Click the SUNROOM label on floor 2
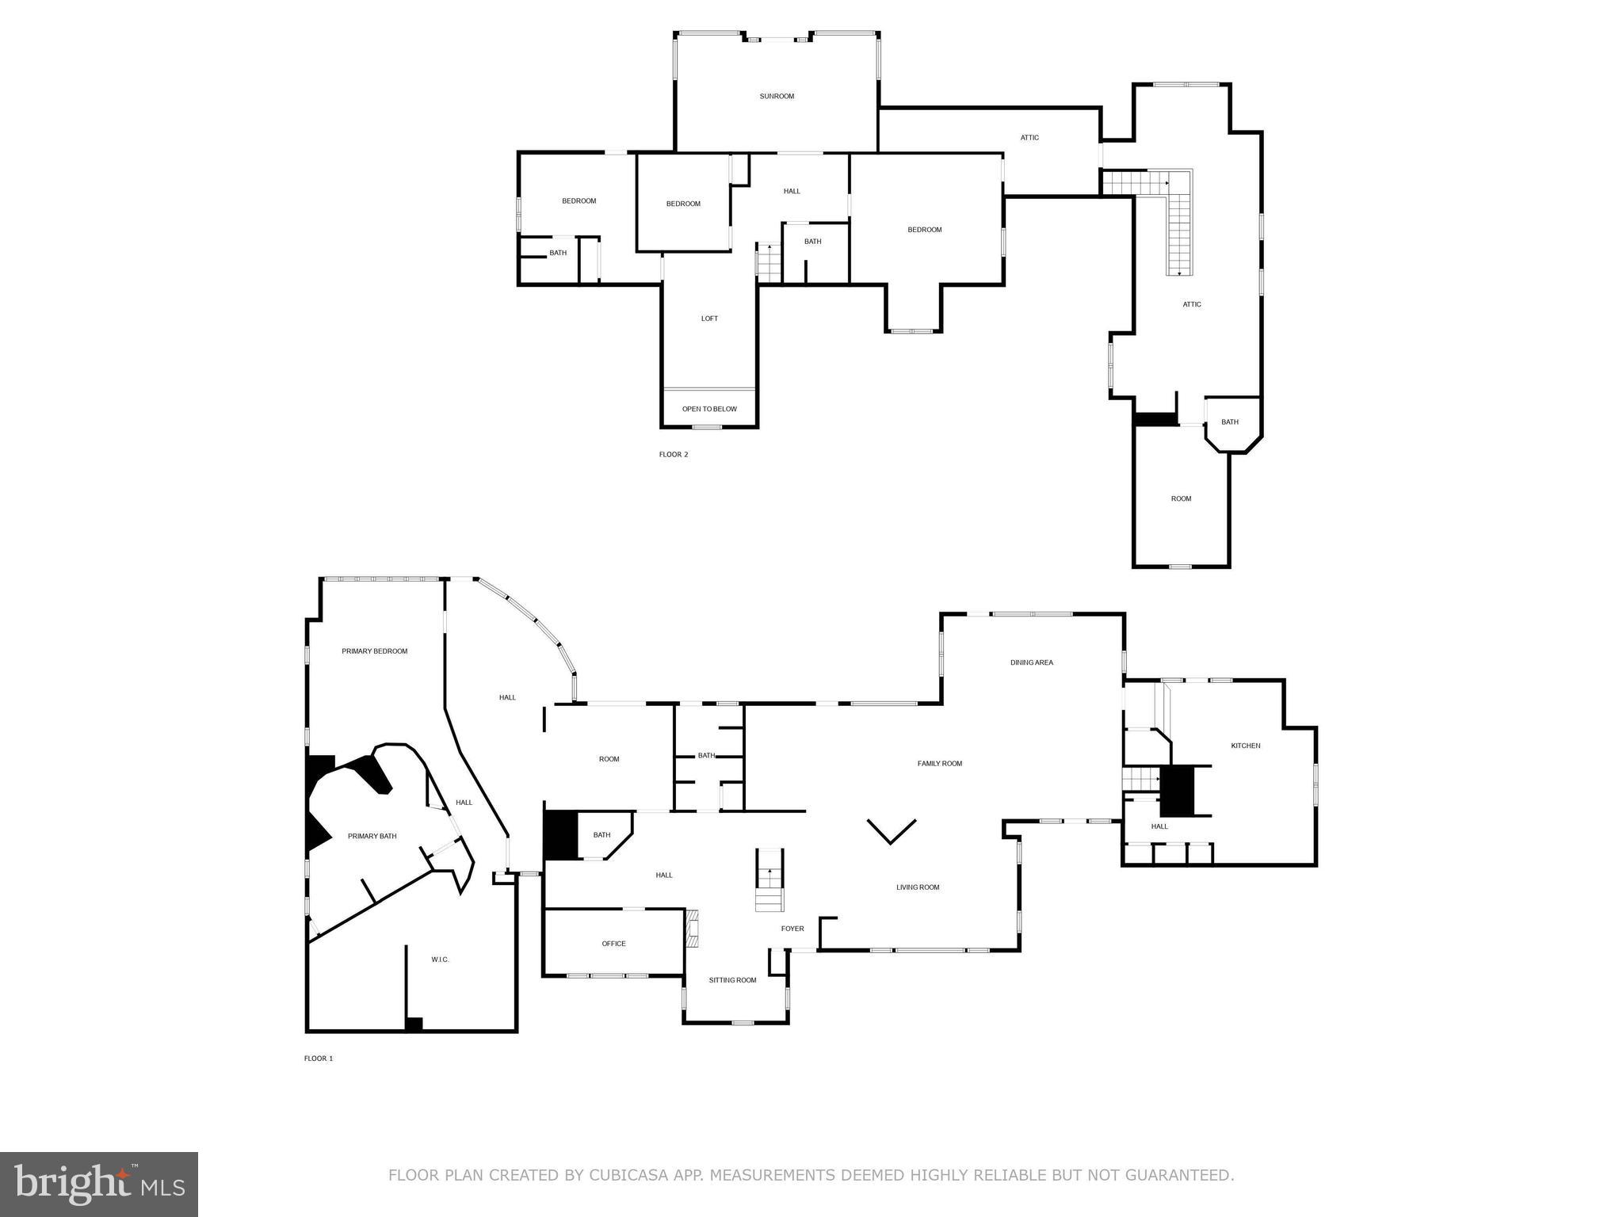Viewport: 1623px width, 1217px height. point(777,97)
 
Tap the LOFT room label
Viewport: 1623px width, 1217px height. point(709,319)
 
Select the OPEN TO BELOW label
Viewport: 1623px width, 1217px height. point(709,409)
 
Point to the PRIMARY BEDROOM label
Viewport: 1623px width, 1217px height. point(375,651)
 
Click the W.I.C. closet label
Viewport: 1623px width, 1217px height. point(440,959)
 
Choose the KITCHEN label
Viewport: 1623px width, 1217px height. point(1245,746)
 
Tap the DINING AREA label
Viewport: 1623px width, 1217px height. point(1032,662)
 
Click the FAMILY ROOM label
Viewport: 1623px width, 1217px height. point(940,764)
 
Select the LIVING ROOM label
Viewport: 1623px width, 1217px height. point(918,887)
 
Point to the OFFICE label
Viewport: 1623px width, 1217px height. point(613,944)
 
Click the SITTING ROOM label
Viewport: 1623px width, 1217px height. point(732,980)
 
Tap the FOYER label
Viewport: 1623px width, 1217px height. point(792,929)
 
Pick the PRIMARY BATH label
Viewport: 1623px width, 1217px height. point(372,836)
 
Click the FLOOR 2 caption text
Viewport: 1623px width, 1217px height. point(674,455)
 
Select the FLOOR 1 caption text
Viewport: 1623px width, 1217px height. point(319,1059)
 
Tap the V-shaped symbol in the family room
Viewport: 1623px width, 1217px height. point(892,831)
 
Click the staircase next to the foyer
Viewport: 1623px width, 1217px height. point(769,880)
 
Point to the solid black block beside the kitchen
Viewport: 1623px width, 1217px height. point(1178,790)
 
